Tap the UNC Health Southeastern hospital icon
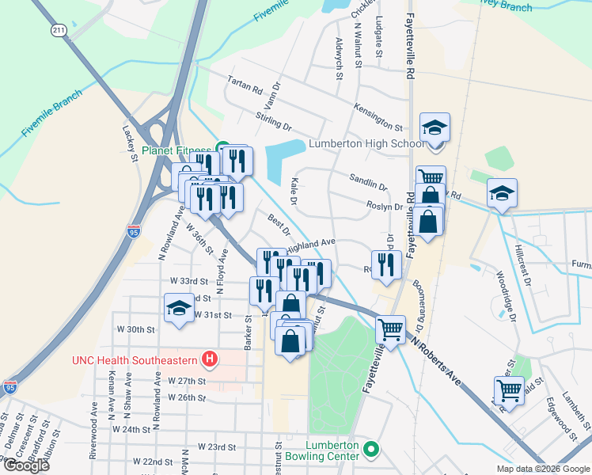pyautogui.click(x=210, y=359)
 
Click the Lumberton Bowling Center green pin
pyautogui.click(x=370, y=450)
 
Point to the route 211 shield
pyautogui.click(x=59, y=30)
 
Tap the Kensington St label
pyautogui.click(x=378, y=116)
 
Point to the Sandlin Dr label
pyautogui.click(x=368, y=183)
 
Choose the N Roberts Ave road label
pyautogui.click(x=435, y=360)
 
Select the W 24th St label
pyautogui.click(x=131, y=429)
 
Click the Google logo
pyautogui.click(x=26, y=465)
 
